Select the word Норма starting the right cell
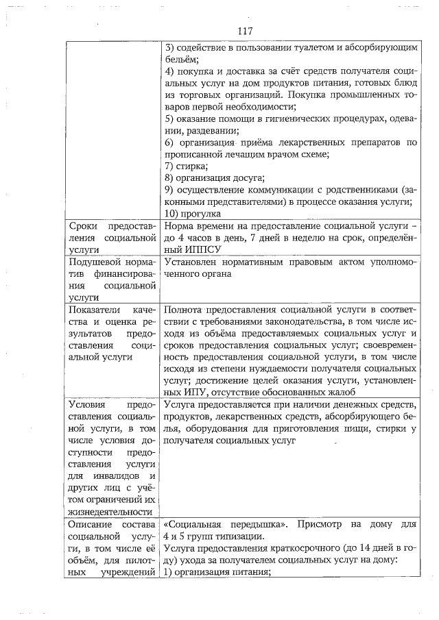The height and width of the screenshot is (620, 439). [179, 226]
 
